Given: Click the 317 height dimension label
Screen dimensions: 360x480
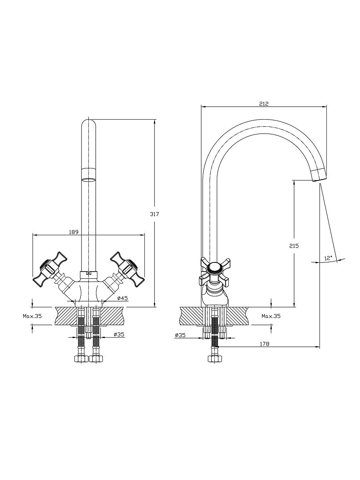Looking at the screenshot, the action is point(154,214).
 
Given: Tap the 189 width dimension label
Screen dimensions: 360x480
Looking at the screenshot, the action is point(74,232).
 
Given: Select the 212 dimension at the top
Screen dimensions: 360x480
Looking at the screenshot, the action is point(264,104).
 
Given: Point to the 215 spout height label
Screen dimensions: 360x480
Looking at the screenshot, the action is point(294,246).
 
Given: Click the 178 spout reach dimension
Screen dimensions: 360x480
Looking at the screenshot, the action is point(265,344).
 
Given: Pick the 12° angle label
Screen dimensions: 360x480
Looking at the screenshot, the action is point(328,258).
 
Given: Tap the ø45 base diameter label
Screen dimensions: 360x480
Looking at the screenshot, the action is point(122,298).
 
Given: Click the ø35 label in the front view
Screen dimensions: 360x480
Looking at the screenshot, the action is point(119,334).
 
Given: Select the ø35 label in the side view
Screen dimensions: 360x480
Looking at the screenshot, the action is point(180,335).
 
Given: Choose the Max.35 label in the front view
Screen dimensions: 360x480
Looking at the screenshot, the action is point(32,316).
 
